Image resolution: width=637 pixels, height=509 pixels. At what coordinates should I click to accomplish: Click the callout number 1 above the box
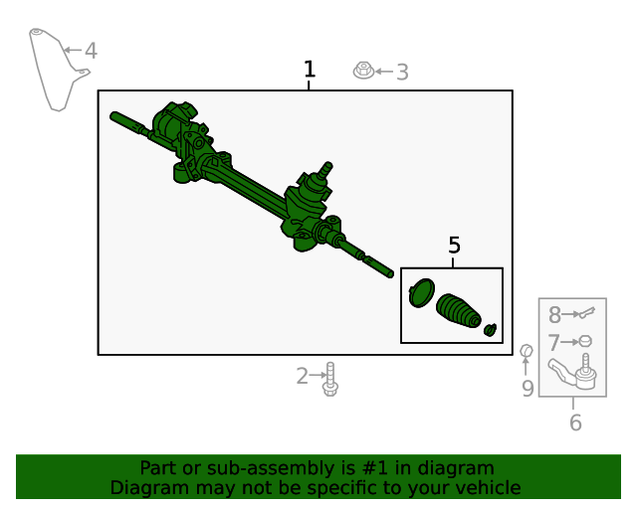click(310, 70)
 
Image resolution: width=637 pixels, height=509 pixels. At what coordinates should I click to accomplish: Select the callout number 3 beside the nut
click(402, 73)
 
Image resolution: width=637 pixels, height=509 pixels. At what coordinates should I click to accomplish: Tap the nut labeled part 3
click(364, 71)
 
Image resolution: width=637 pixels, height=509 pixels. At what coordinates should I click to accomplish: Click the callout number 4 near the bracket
click(91, 50)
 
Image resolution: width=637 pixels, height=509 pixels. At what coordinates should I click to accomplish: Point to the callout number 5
click(454, 246)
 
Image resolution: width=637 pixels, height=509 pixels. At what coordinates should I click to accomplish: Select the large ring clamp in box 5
click(422, 293)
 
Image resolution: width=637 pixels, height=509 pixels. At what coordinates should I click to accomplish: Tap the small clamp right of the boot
click(490, 329)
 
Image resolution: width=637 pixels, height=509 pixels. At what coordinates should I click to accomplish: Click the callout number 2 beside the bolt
click(303, 376)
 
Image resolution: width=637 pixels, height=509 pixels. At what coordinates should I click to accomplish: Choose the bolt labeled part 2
click(330, 379)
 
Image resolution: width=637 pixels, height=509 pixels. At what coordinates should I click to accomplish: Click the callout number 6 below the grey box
click(575, 423)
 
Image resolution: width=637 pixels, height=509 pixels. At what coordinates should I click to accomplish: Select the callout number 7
click(554, 343)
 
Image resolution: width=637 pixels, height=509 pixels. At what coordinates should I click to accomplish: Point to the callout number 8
click(554, 315)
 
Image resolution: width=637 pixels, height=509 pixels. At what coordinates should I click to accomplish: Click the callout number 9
click(528, 389)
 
